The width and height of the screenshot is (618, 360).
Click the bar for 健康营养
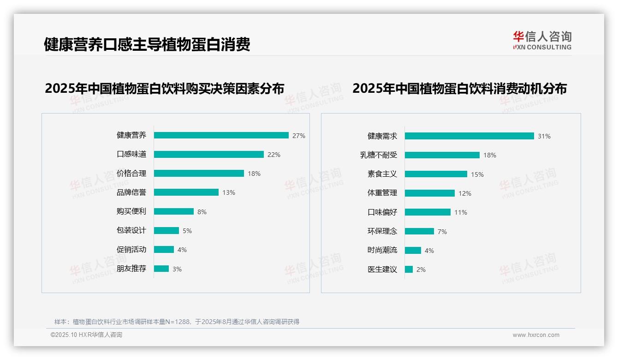[x=221, y=135]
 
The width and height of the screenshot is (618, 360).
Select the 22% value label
[x=273, y=155]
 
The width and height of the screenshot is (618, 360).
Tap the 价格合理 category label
[x=131, y=174]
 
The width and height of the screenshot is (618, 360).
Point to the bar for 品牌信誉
[x=186, y=192]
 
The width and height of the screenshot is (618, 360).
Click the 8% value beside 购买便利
[x=202, y=212]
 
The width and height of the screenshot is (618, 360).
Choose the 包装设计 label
[x=131, y=230]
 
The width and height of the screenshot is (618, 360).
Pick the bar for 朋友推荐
[x=161, y=269]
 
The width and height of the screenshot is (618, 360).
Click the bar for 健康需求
[x=469, y=136]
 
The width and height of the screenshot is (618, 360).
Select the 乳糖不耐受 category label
[x=379, y=155]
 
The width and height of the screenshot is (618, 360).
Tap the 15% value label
[x=477, y=174]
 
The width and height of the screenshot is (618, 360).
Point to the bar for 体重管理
[x=429, y=193]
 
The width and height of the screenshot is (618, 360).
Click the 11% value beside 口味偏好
[x=460, y=212]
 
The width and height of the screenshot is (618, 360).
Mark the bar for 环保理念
[x=419, y=231]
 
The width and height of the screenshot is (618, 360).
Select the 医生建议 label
[x=382, y=269]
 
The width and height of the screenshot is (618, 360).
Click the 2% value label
[x=421, y=270]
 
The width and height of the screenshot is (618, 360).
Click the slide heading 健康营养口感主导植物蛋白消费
[x=147, y=44]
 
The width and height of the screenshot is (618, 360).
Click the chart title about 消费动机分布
[x=459, y=88]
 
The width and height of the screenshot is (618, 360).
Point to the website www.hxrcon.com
[x=535, y=335]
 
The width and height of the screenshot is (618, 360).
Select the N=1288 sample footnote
[x=177, y=322]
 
